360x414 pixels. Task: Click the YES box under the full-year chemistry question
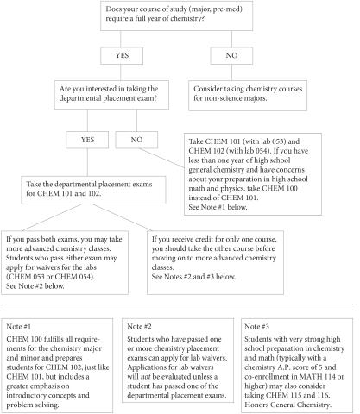pyautogui.click(x=122, y=55)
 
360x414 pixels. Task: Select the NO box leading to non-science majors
pyautogui.click(x=231, y=55)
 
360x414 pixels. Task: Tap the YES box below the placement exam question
pyautogui.click(x=87, y=140)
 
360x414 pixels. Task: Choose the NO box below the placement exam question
pyautogui.click(x=136, y=140)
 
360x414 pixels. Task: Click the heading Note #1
pyautogui.click(x=19, y=327)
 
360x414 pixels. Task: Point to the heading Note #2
pyautogui.click(x=139, y=326)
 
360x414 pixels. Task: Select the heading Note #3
pyautogui.click(x=257, y=326)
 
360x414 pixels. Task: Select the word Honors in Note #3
pyautogui.click(x=256, y=405)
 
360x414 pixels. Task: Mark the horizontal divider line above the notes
pyautogui.click(x=177, y=304)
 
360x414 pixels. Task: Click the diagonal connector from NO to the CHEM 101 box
pyautogui.click(x=161, y=158)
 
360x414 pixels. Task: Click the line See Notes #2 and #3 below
pyautogui.click(x=193, y=277)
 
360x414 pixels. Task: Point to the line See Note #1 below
pyautogui.click(x=218, y=207)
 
